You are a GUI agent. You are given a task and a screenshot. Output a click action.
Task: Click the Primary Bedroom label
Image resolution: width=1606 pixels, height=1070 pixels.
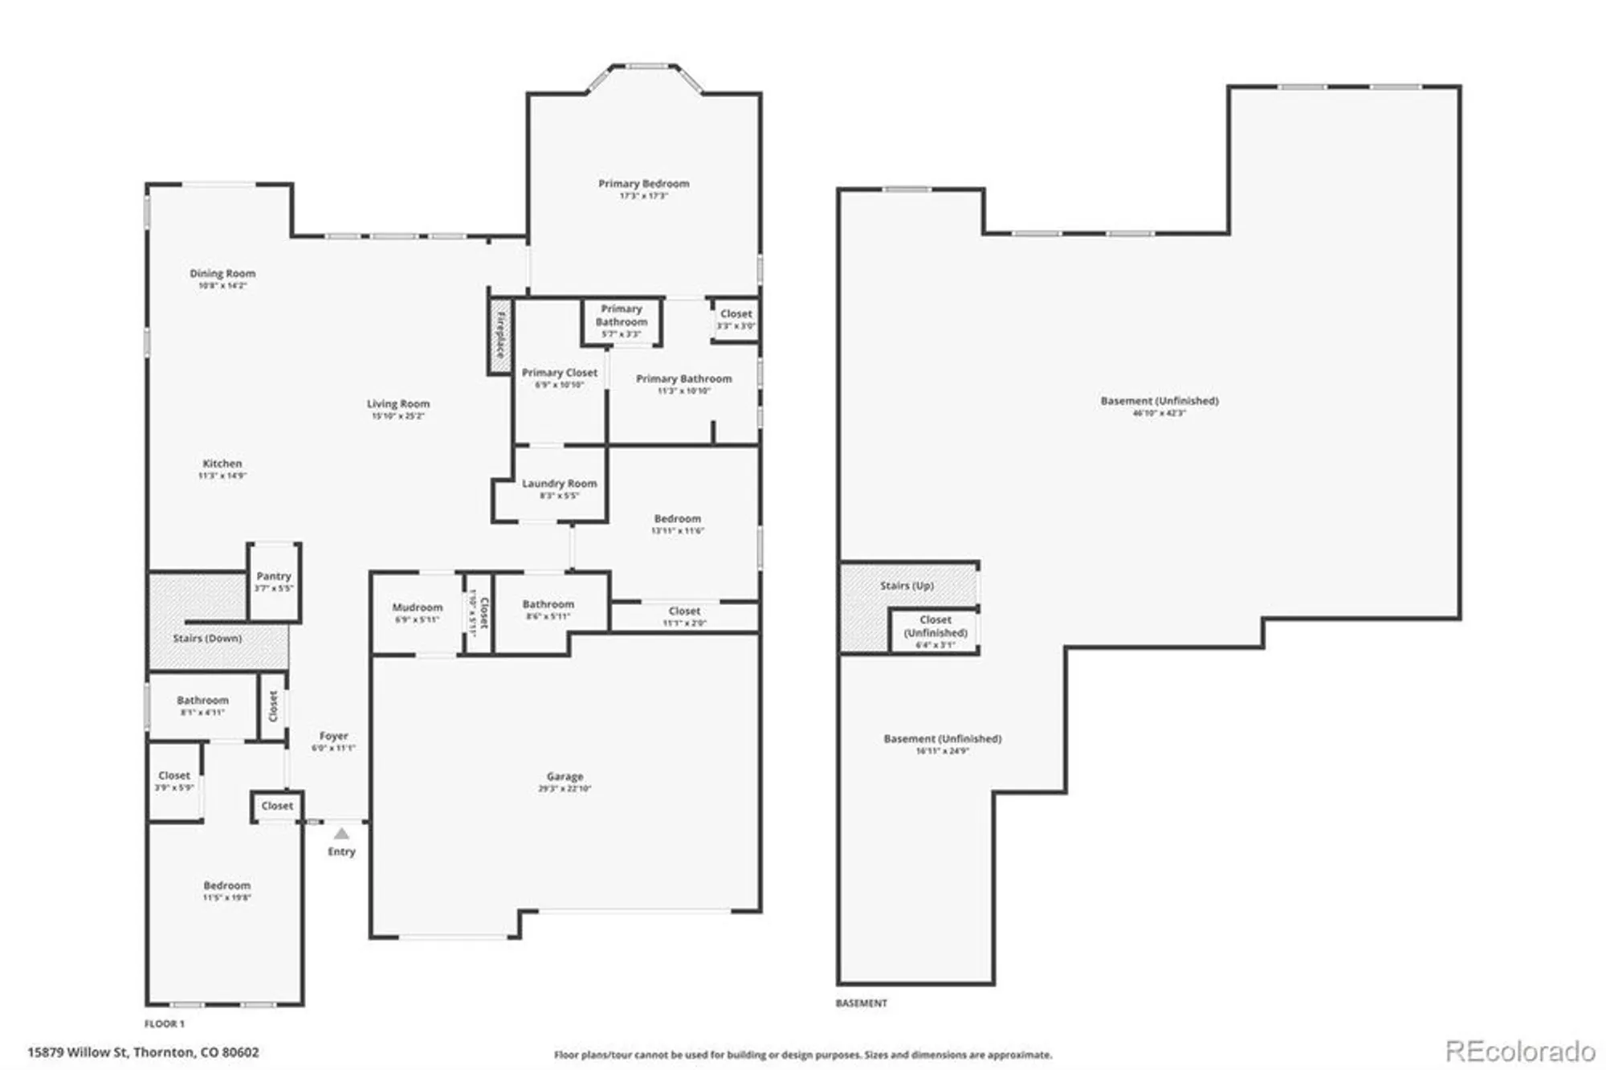coord(643,184)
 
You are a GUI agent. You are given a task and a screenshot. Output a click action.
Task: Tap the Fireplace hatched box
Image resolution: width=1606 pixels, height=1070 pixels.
coord(500,334)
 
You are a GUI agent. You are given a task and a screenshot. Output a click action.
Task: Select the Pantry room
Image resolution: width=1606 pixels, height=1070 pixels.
coord(274,582)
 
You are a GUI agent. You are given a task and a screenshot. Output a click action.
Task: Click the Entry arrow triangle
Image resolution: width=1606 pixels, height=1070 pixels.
coord(341,834)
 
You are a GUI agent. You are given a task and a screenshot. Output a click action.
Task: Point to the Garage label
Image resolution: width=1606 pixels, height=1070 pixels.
coord(565,777)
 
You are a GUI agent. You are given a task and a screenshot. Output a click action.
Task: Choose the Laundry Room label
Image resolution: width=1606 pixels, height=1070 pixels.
coord(559,484)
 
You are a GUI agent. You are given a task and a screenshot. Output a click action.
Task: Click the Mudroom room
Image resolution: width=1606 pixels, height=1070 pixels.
coord(417,613)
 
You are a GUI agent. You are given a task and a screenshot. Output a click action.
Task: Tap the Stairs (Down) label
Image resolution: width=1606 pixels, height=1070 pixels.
coord(207,639)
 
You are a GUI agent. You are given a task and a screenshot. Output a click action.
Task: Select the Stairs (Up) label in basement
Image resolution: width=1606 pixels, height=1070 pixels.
coord(907,586)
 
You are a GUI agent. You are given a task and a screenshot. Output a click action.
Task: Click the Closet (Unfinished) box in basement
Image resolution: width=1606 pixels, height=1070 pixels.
coord(935,631)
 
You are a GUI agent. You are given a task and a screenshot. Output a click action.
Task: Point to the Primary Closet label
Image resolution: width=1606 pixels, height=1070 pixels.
coord(559,373)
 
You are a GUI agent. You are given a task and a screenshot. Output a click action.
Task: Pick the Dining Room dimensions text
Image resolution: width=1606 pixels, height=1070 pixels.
coord(222,286)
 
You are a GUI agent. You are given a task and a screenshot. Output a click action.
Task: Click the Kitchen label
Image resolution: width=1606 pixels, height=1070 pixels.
coord(222,464)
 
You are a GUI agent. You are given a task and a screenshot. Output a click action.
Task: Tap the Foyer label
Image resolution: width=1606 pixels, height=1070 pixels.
coord(333,736)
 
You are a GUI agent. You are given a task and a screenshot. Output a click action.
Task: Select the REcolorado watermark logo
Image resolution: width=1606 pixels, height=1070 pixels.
coord(1519,1051)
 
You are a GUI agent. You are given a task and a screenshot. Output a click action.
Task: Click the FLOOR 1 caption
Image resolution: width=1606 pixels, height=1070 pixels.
coord(165,1023)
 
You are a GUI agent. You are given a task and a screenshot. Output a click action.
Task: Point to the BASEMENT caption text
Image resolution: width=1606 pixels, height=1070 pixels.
coord(861,1003)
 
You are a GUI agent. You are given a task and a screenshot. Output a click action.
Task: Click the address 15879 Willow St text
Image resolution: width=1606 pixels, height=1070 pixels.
coord(143,1052)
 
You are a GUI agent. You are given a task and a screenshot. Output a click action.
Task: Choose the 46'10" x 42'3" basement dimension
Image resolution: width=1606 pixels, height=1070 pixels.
coord(1159,413)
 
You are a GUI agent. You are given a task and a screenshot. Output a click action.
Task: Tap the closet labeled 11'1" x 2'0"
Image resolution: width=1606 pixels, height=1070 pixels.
coord(684,617)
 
